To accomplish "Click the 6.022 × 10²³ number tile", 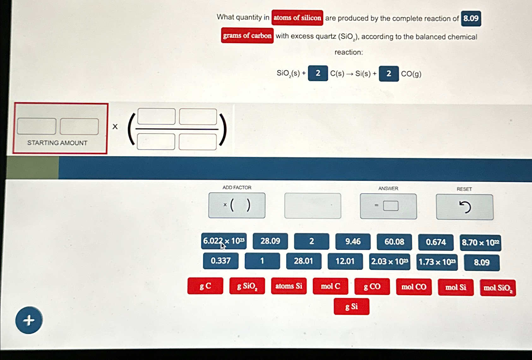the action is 224,241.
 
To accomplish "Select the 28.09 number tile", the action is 270,241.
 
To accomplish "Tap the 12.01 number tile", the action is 345,261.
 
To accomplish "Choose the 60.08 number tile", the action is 394,242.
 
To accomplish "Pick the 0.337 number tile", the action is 221,261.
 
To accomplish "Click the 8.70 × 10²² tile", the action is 480,243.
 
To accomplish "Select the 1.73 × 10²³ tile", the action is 437,262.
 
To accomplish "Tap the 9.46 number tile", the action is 353,242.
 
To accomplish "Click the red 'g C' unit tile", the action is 205,286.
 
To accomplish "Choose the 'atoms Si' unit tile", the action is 289,286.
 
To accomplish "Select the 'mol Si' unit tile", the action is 456,287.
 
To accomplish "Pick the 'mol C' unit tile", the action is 330,286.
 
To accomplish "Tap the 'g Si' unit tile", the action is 351,307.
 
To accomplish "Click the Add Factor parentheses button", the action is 237,206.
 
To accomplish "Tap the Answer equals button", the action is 388,206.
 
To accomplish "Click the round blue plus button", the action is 29,320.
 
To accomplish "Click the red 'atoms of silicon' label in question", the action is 297,18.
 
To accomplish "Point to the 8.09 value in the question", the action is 471,18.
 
